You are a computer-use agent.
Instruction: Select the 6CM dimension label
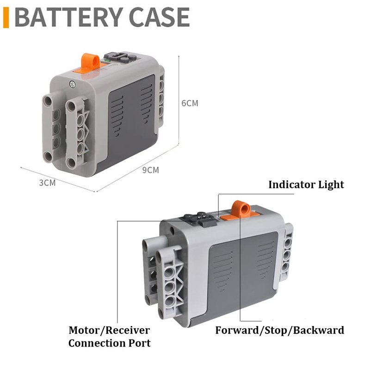[x=190, y=103]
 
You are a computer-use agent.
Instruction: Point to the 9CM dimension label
[x=150, y=170]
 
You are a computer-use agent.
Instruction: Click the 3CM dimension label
[x=47, y=182]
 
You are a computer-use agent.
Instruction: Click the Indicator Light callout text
[x=306, y=185]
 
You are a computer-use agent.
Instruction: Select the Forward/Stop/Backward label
[x=279, y=330]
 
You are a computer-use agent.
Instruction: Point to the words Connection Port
[x=109, y=343]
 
